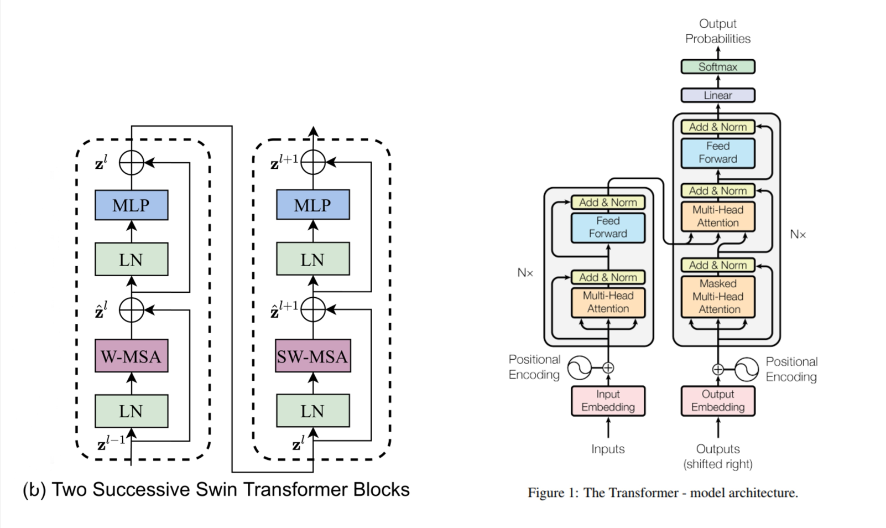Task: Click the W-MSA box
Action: click(131, 356)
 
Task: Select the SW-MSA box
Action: click(312, 356)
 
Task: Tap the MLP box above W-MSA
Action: click(131, 205)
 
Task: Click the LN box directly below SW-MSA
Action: click(312, 411)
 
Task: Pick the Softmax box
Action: click(717, 67)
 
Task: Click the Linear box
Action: click(717, 95)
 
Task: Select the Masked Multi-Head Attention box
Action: click(717, 297)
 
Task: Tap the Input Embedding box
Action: click(608, 401)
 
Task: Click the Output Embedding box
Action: click(717, 401)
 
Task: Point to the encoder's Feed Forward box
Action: click(608, 227)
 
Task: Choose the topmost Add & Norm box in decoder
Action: click(717, 127)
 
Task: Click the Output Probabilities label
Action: click(717, 31)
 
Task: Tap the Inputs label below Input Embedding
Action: click(608, 449)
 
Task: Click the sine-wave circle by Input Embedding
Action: click(579, 367)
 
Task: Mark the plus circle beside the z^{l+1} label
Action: click(313, 162)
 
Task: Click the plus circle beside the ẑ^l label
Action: click(132, 310)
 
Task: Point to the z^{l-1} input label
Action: click(111, 442)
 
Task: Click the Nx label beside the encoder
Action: click(525, 273)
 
